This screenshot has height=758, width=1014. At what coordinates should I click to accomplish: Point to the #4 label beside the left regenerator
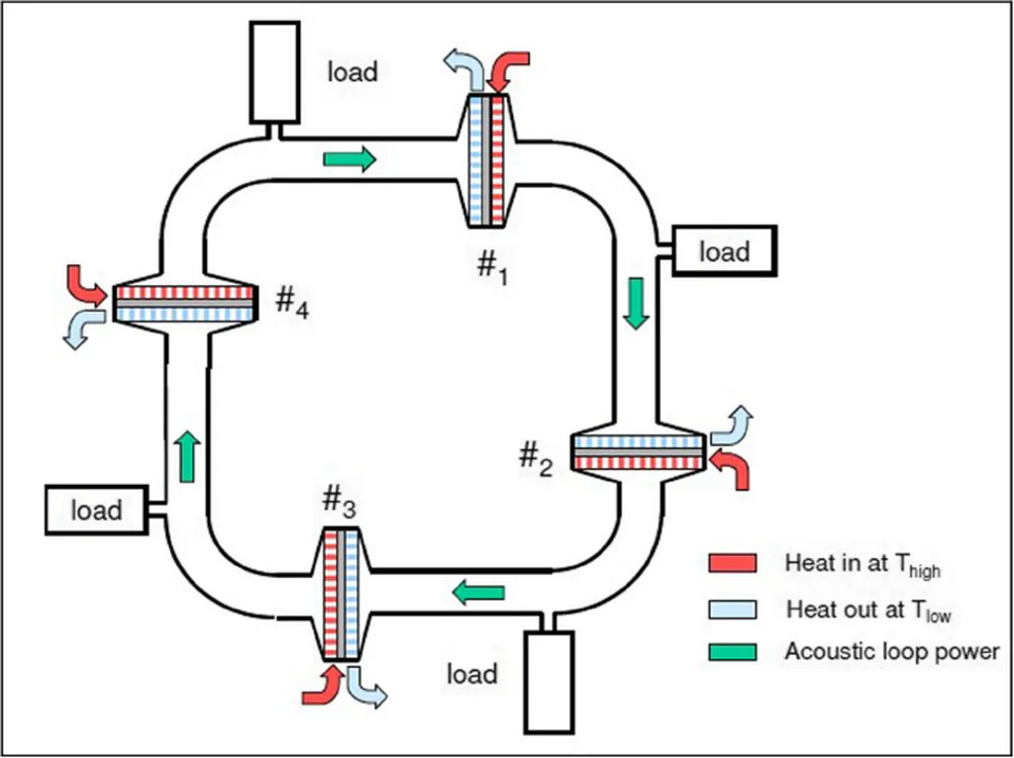click(x=291, y=303)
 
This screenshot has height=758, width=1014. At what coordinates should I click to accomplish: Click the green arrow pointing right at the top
click(x=350, y=157)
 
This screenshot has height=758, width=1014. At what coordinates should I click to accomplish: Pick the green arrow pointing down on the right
click(x=638, y=304)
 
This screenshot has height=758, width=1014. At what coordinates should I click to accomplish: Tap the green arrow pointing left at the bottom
click(x=478, y=592)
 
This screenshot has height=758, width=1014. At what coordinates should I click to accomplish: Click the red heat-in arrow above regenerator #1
click(x=511, y=69)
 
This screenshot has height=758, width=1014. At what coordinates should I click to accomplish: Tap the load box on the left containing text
click(x=96, y=510)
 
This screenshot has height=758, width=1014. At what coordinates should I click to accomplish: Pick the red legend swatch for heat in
click(x=733, y=563)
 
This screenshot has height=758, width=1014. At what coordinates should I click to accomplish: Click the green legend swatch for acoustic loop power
click(x=733, y=651)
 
